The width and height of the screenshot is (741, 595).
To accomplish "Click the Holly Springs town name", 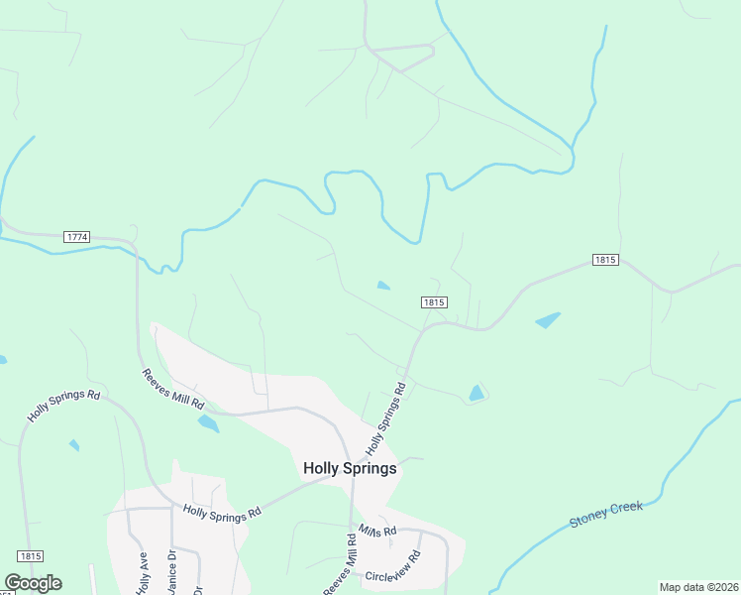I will pos(350,468).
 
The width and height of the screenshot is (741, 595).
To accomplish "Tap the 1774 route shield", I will pos(76,237).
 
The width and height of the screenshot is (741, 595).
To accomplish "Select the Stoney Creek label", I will pos(605,514).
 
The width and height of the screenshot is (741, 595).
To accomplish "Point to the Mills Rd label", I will pos(377,532).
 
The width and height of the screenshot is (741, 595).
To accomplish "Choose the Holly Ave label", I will pos(143,573).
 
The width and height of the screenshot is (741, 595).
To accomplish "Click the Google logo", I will pos(33,583).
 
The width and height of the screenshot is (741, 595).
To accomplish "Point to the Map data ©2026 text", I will pos(699,587).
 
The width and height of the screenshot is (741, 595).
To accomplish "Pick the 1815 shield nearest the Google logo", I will pos(31,556).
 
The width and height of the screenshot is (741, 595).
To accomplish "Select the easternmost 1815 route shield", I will pos(606,260).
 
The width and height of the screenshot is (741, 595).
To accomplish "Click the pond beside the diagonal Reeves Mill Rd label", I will pos(208,423).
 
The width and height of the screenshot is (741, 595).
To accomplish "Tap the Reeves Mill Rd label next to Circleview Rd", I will pos(339,566).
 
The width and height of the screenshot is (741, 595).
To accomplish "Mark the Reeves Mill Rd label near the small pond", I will pos(172,390).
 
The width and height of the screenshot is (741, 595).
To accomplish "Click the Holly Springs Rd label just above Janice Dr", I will pos(222,512).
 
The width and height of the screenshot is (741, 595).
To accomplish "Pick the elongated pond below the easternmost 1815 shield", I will pos(547,320).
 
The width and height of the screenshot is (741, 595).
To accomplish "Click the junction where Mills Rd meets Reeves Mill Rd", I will pos(352,525).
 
